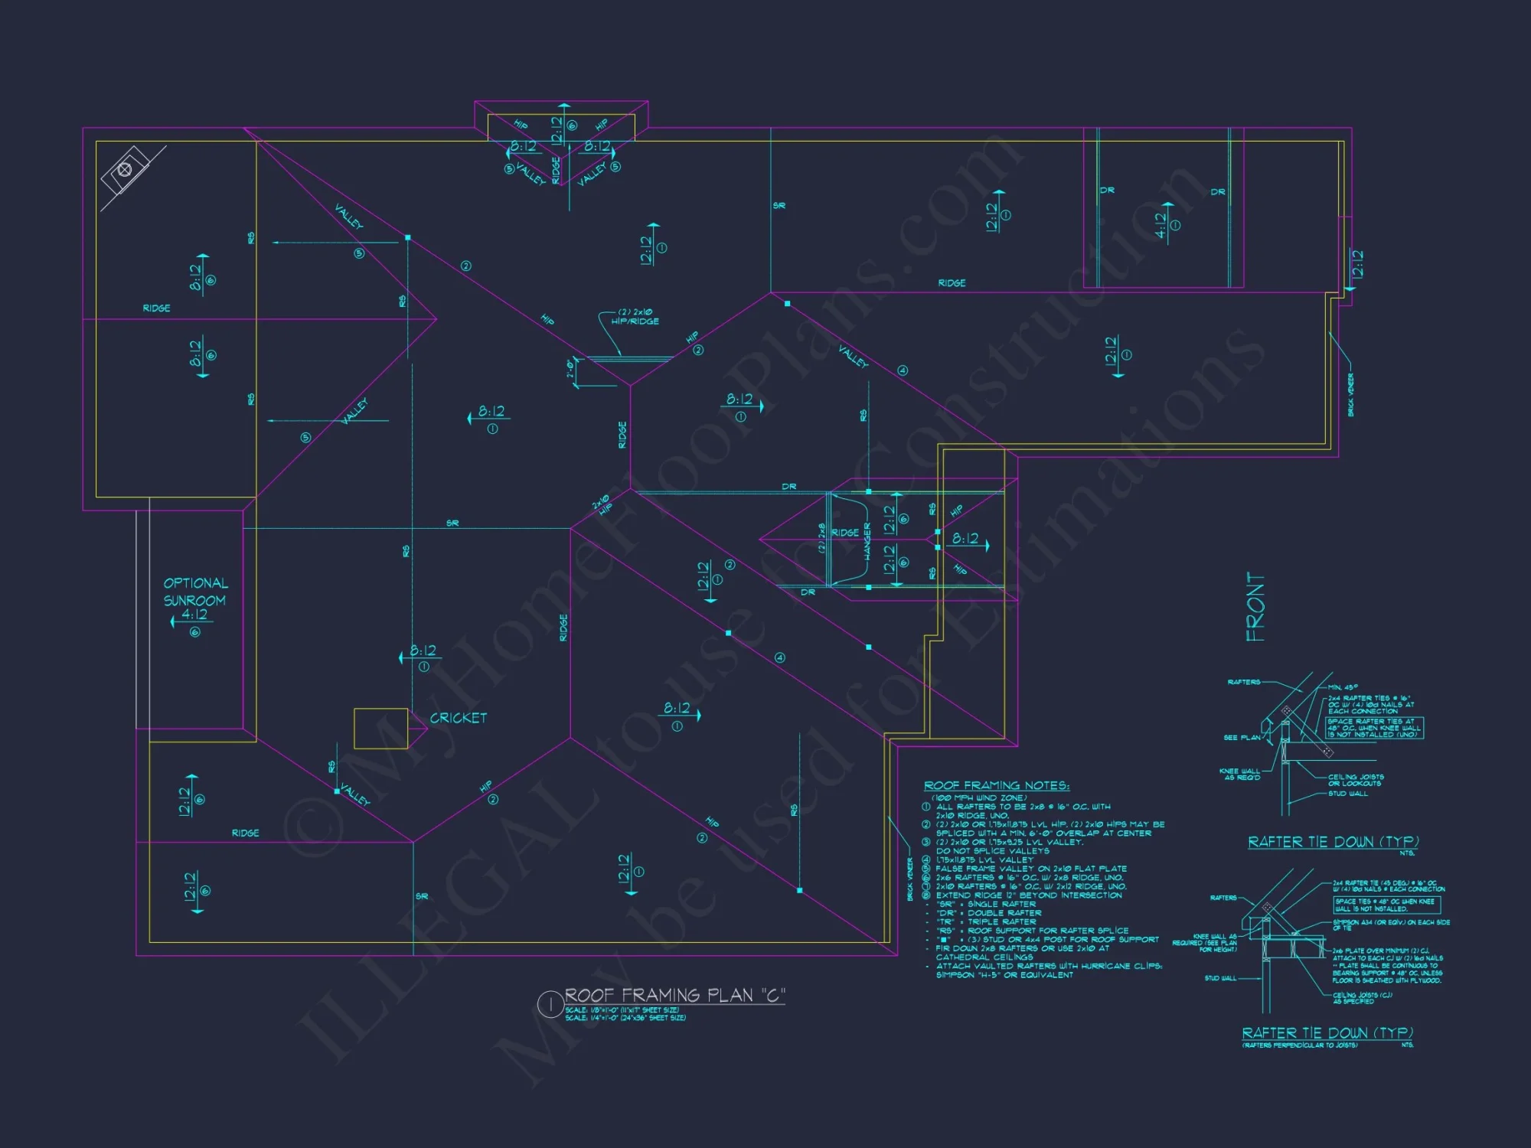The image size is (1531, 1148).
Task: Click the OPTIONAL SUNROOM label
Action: [195, 592]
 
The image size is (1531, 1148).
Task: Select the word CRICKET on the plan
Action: [458, 718]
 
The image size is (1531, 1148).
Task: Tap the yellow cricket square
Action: [380, 729]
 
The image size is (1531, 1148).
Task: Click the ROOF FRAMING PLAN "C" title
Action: [674, 995]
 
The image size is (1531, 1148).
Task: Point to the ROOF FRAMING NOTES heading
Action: [996, 786]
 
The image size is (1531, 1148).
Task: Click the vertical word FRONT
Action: [1255, 607]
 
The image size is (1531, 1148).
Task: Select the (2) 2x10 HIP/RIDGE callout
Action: [635, 317]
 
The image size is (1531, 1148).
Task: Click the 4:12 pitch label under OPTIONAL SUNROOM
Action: [194, 615]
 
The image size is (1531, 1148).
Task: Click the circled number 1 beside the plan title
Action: [550, 1004]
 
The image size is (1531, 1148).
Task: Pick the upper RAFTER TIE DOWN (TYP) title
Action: [1333, 842]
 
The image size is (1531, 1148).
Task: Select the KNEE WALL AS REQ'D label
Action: [1239, 774]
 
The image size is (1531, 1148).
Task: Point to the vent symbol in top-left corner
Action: [125, 170]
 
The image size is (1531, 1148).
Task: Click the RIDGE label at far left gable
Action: [156, 308]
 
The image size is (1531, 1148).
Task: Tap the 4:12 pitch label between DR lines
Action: [1161, 225]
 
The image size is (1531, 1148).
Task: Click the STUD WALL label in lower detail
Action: [1220, 978]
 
